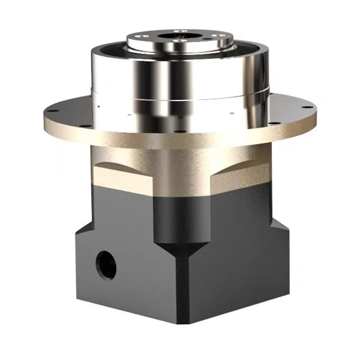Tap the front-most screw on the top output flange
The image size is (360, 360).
pyautogui.click(x=180, y=43)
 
